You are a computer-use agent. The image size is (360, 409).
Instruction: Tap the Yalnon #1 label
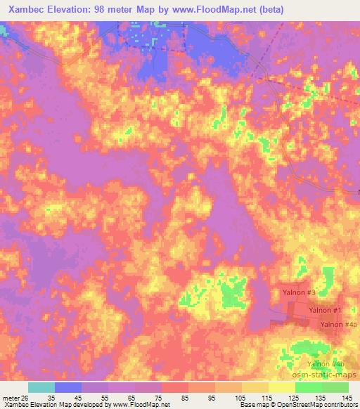pos(326,310)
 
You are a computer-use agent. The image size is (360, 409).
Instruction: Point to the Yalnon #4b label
pos(326,363)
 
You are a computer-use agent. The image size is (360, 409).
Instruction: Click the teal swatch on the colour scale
pos(41,387)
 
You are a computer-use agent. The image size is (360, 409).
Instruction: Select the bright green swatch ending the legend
pos(335,387)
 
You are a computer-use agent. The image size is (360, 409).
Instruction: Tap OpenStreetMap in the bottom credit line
pos(295,405)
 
